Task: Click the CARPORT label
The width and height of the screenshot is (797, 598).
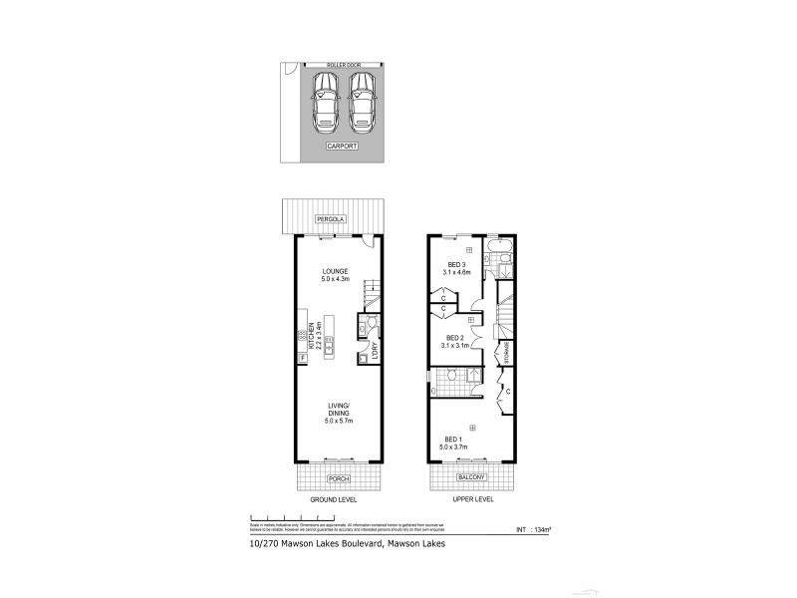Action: [343, 146]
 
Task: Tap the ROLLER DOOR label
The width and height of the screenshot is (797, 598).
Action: [343, 65]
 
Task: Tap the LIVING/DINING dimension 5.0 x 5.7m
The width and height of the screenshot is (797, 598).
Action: [340, 422]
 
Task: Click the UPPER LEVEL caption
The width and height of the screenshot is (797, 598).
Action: [471, 498]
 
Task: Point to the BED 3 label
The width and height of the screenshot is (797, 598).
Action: [458, 263]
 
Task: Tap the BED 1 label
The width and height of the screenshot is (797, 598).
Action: [453, 440]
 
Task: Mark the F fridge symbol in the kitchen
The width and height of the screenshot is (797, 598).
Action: [301, 357]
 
